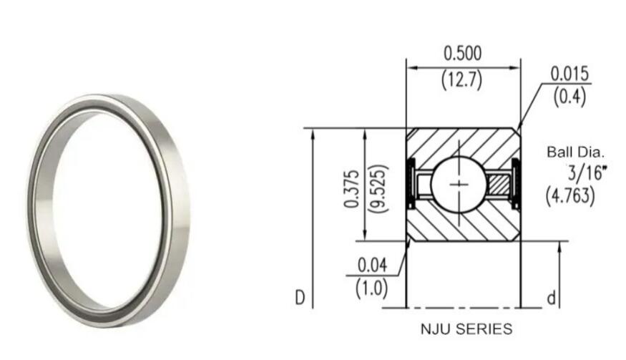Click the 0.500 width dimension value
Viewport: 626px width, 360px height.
[463, 53]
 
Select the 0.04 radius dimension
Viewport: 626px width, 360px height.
[371, 265]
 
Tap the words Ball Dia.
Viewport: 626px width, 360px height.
[576, 152]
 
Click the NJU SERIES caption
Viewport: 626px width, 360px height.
[466, 329]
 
